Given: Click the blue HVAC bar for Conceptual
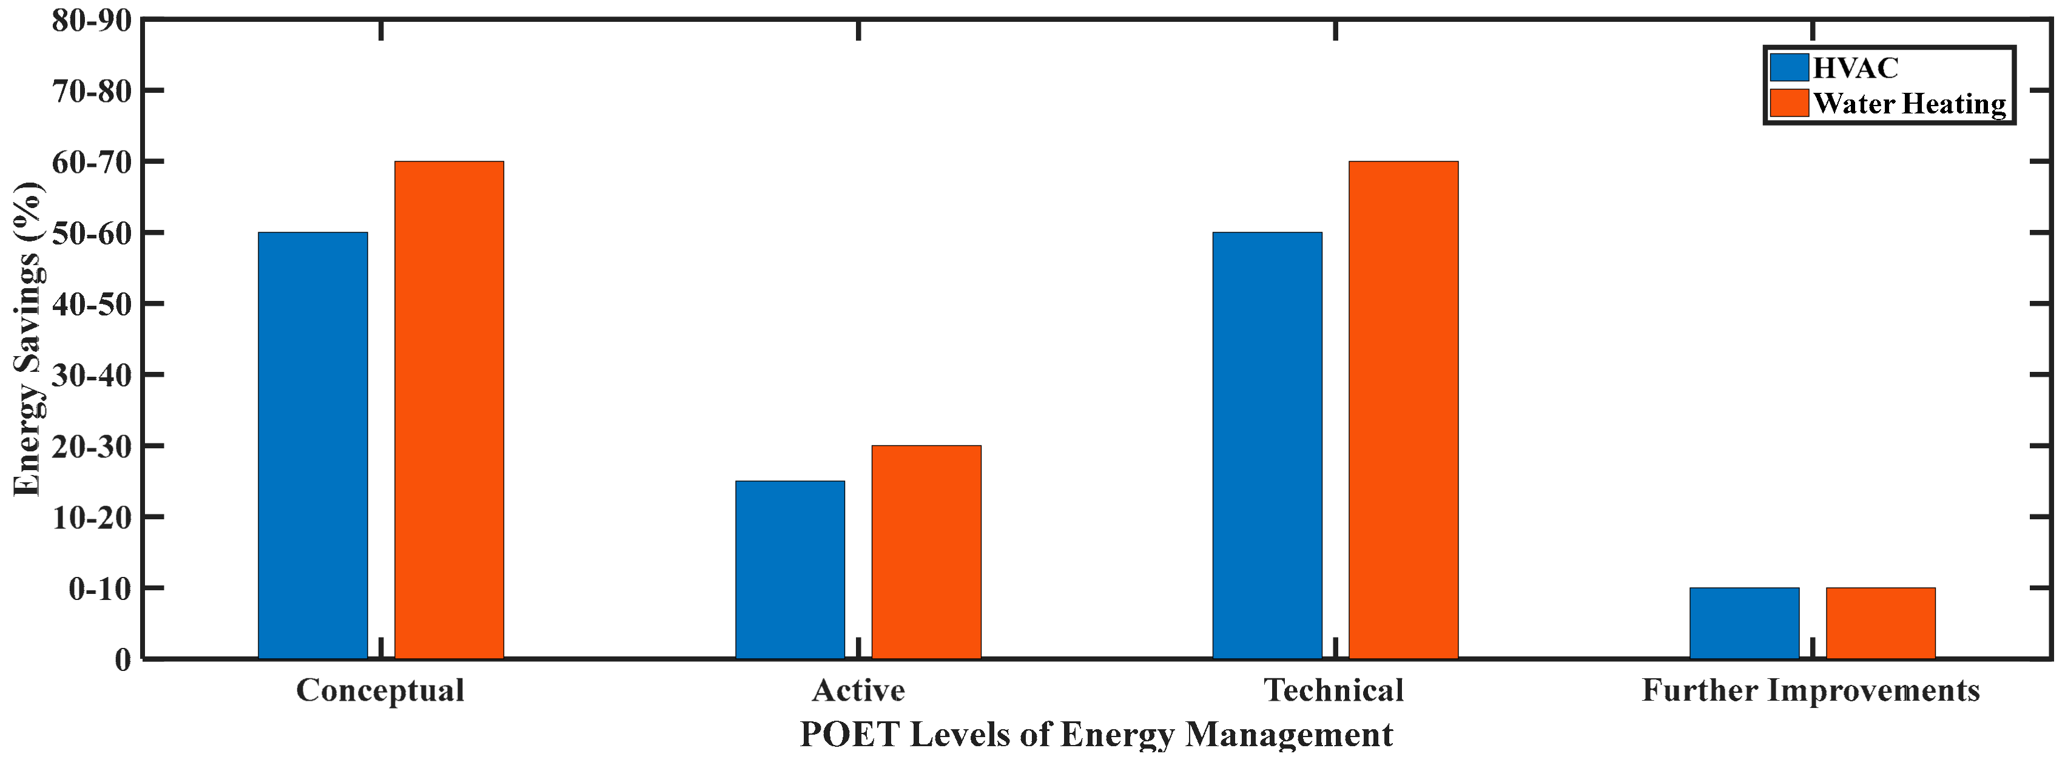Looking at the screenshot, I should pos(312,445).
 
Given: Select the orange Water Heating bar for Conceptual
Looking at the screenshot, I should pos(449,409).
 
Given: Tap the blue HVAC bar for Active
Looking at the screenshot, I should pos(790,569).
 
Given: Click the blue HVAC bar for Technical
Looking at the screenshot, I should pos(1267,445).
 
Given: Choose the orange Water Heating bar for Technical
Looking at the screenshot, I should pos(1403,409).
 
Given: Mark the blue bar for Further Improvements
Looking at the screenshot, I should pos(1744,623).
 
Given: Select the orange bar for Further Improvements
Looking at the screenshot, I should pos(1881,623).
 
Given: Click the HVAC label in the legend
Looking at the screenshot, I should pos(1855,68).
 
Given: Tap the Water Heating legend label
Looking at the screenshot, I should pos(1908,104).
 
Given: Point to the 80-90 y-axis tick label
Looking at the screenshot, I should pos(92,20).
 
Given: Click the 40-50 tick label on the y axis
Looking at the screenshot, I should pos(92,304).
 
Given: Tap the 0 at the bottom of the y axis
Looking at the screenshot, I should pos(123,660).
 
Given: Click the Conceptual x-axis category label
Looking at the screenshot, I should pos(380,690).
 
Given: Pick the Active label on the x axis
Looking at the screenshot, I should pos(858,690).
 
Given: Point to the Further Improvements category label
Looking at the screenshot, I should pos(1810,690).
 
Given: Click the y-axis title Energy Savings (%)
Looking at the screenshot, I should pos(28,339).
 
